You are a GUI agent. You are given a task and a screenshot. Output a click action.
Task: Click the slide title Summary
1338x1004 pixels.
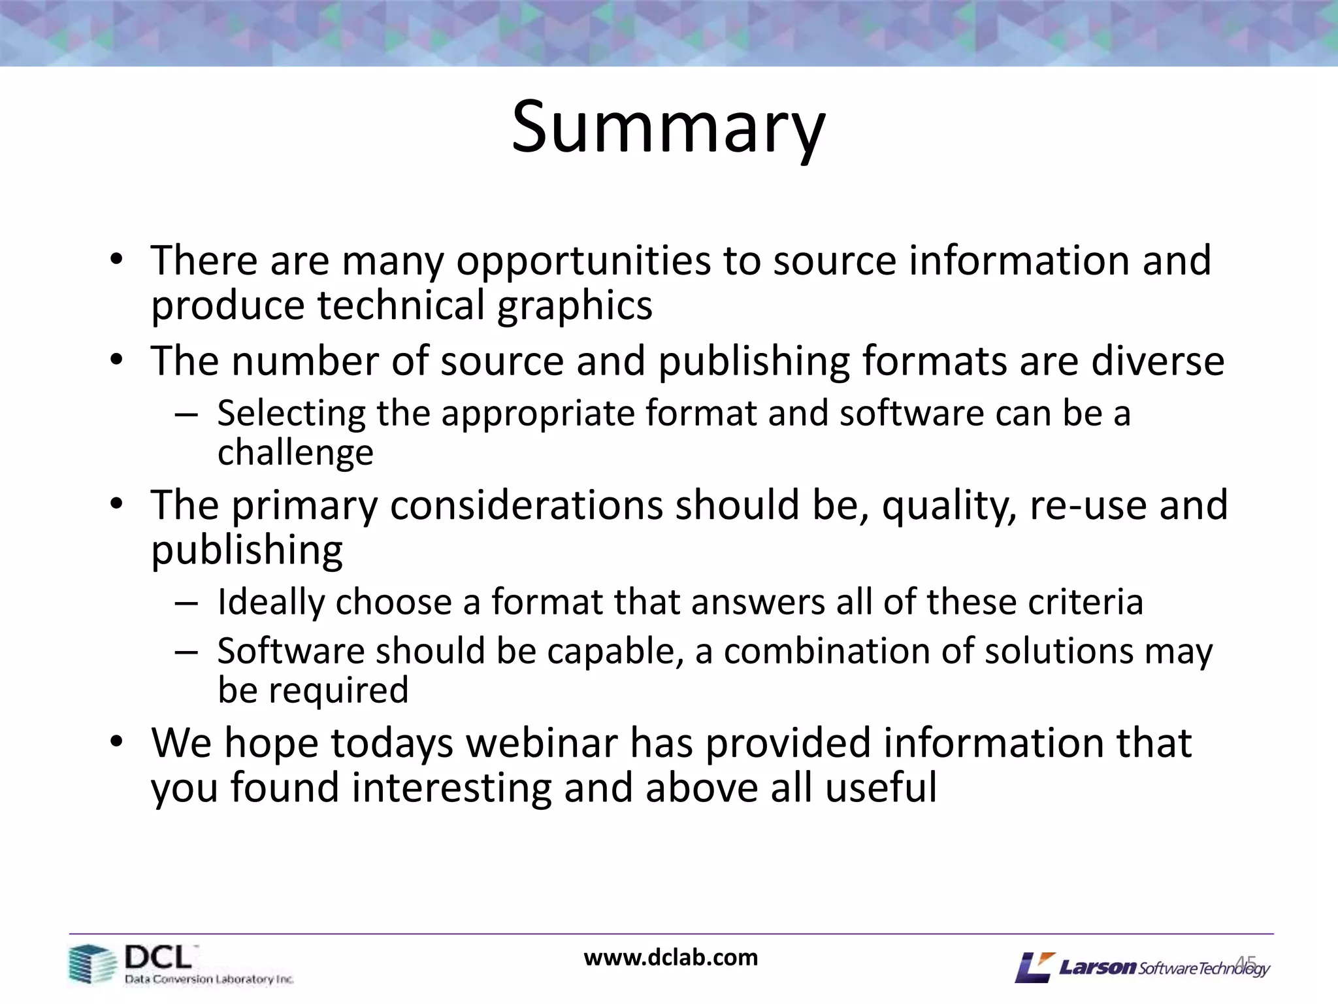click(668, 127)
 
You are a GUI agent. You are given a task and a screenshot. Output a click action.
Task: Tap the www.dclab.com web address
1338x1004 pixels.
click(671, 958)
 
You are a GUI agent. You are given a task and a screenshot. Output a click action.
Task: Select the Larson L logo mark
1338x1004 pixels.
click(1034, 967)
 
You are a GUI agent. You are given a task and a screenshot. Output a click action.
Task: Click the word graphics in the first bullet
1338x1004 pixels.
click(574, 306)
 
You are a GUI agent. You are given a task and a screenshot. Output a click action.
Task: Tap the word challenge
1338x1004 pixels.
click(295, 453)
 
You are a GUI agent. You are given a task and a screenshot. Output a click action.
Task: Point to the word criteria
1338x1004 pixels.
click(1086, 602)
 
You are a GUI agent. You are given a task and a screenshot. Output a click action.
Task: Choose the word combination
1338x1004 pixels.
click(830, 652)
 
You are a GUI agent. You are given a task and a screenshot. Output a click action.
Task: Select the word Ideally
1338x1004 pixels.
click(270, 603)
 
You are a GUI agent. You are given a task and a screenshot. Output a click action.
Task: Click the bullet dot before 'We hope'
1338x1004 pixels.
click(116, 743)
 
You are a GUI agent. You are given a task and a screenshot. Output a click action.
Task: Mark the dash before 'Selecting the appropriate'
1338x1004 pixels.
click(186, 415)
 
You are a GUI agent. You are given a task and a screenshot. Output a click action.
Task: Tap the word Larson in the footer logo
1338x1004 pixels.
click(1098, 967)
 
